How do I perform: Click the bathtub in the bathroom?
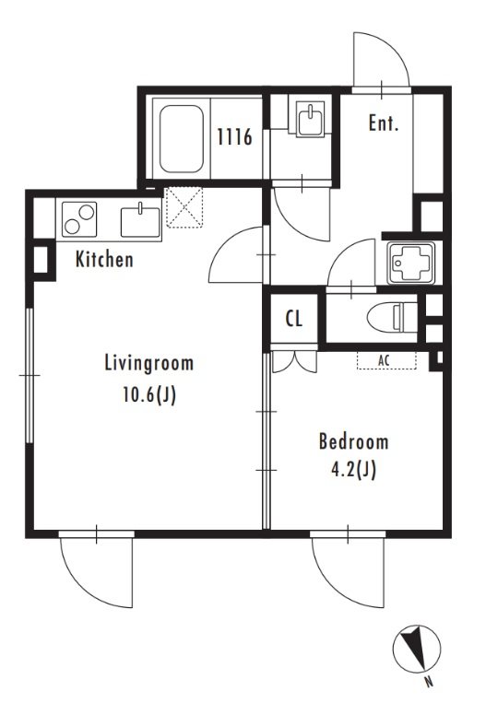pyautogui.click(x=182, y=138)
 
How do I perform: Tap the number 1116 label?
pyautogui.click(x=234, y=136)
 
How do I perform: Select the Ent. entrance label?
pyautogui.click(x=384, y=123)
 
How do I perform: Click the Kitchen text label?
pyautogui.click(x=104, y=259)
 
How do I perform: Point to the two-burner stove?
pyautogui.click(x=79, y=219)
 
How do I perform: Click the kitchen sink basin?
pyautogui.click(x=140, y=220)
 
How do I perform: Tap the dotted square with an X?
pyautogui.click(x=184, y=207)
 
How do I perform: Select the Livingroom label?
pyautogui.click(x=149, y=363)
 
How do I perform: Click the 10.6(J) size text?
pyautogui.click(x=149, y=395)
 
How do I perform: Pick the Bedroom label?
pyautogui.click(x=353, y=441)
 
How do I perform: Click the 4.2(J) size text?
pyautogui.click(x=353, y=470)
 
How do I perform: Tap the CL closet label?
pyautogui.click(x=294, y=319)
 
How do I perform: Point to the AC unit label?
pyautogui.click(x=385, y=360)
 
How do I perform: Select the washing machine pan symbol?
pyautogui.click(x=411, y=264)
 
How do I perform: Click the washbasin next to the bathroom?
pyautogui.click(x=311, y=117)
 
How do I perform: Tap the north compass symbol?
pyautogui.click(x=417, y=649)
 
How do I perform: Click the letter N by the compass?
pyautogui.click(x=429, y=683)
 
